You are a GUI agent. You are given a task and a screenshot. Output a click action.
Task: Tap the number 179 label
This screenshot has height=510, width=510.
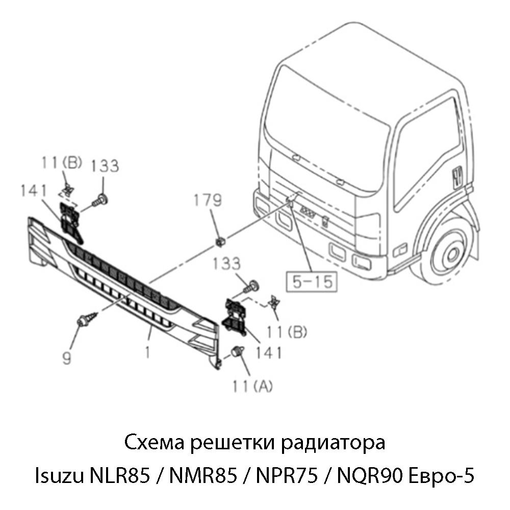[x=208, y=200]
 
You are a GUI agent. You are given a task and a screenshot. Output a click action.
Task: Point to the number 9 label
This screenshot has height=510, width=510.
[x=67, y=359]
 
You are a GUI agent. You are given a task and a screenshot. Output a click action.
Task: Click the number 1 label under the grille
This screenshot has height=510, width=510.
[x=147, y=352]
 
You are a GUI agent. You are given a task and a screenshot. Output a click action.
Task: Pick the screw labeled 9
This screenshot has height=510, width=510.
[x=86, y=319]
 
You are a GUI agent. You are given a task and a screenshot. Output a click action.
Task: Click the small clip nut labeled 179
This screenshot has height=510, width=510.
[x=220, y=240]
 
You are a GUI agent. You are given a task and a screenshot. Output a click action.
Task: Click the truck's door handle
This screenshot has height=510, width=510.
[x=456, y=175]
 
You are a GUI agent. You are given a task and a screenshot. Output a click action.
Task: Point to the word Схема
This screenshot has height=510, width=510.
[x=154, y=442]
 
